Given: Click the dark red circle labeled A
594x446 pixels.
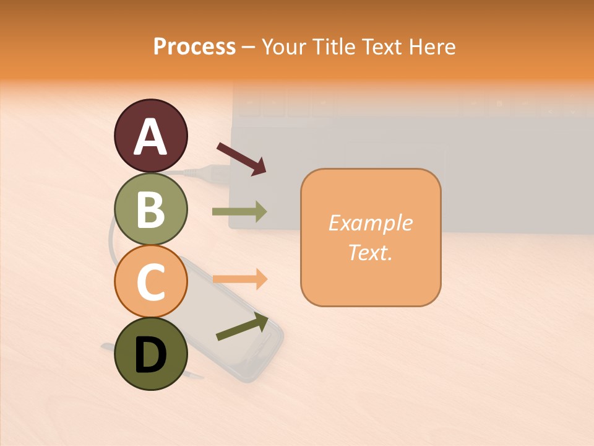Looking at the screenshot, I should [x=150, y=136].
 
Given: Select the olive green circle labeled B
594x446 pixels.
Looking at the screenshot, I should [x=150, y=209].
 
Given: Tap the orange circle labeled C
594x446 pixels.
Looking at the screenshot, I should [x=150, y=282].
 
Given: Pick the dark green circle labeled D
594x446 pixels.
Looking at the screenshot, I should [x=150, y=354].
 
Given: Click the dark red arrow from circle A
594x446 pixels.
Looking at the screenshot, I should [x=241, y=158].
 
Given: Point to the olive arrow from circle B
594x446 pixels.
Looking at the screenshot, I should [x=239, y=212].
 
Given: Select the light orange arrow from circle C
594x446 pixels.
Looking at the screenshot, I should [x=239, y=279].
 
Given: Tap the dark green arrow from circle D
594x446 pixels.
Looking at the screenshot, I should [x=242, y=326].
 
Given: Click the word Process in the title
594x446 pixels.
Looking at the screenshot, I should [x=194, y=47].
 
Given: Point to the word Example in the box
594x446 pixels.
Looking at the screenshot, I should [x=370, y=223].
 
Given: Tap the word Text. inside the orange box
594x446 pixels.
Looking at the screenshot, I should [x=370, y=252].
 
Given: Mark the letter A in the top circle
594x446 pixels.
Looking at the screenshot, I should [x=150, y=137].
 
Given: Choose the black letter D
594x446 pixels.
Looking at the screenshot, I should [x=150, y=356].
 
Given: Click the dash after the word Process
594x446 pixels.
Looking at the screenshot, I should [x=249, y=47].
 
